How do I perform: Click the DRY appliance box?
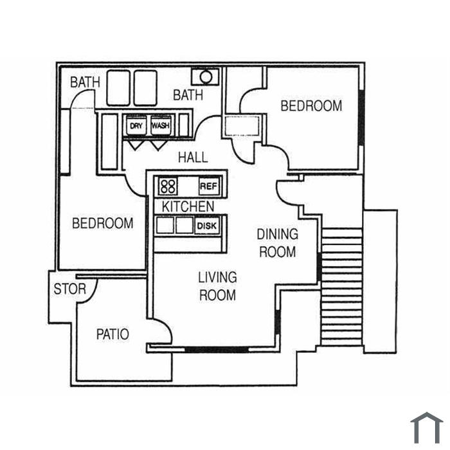click(136, 125)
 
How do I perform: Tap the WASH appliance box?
click(161, 125)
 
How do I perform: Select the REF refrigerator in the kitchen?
click(209, 186)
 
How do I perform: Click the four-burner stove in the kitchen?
click(168, 186)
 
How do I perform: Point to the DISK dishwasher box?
click(206, 226)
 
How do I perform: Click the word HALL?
click(193, 157)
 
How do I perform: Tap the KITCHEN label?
click(188, 206)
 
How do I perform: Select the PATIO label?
click(113, 334)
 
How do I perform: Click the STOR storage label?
click(69, 289)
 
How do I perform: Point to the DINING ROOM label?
click(278, 243)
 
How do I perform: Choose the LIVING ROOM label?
click(217, 286)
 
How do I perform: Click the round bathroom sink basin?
click(206, 77)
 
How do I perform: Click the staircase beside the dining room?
click(341, 287)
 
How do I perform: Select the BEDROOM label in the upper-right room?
click(311, 105)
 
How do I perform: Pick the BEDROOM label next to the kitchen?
click(103, 223)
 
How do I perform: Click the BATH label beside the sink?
click(188, 95)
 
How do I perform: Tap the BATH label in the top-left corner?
click(85, 82)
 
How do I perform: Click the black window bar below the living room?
click(217, 350)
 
